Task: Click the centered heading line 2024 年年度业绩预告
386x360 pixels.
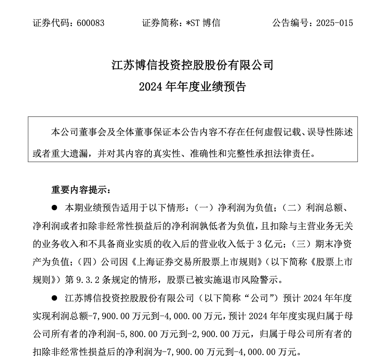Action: (193, 87)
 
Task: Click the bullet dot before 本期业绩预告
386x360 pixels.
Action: (54, 208)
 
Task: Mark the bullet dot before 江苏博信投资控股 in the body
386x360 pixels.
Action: (54, 298)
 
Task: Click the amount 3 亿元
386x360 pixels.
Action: (270, 244)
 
